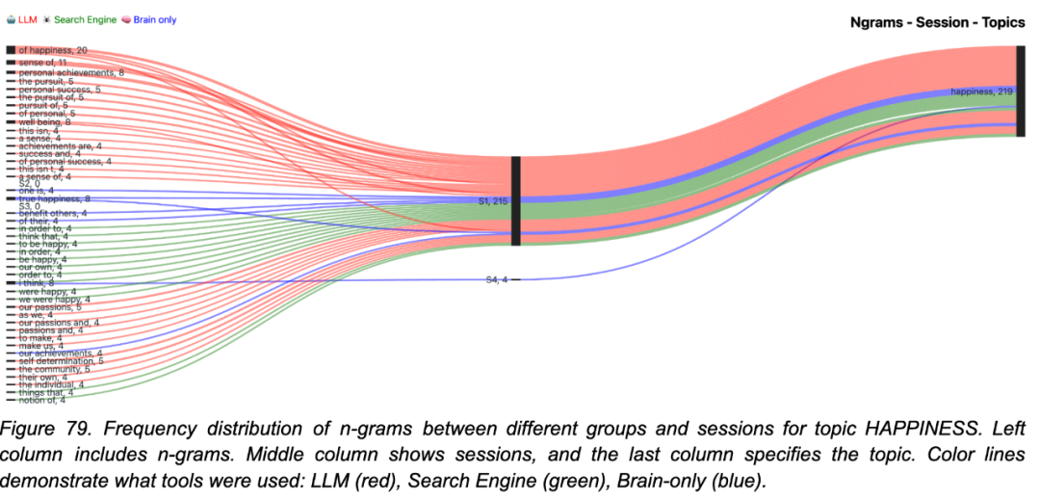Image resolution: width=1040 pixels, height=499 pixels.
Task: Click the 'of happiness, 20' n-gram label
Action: click(53, 50)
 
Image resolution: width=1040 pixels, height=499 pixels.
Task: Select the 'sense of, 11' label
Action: click(43, 63)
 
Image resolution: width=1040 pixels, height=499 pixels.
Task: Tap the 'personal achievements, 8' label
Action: click(71, 72)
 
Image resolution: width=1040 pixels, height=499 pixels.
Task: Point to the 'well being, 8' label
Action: click(44, 122)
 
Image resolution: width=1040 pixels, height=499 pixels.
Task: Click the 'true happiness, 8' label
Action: click(54, 198)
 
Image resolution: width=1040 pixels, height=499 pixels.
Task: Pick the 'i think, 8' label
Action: click(39, 283)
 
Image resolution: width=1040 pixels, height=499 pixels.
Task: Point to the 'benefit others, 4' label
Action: click(53, 213)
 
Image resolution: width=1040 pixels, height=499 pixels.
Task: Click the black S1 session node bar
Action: click(516, 201)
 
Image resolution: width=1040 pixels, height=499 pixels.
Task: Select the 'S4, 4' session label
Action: click(496, 279)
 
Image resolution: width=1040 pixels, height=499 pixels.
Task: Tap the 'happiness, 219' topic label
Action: click(980, 92)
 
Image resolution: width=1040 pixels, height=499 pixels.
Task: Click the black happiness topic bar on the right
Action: click(1020, 91)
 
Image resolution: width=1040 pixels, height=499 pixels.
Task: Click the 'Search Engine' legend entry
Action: click(85, 19)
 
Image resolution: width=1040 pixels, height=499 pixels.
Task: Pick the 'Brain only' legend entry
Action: click(154, 19)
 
